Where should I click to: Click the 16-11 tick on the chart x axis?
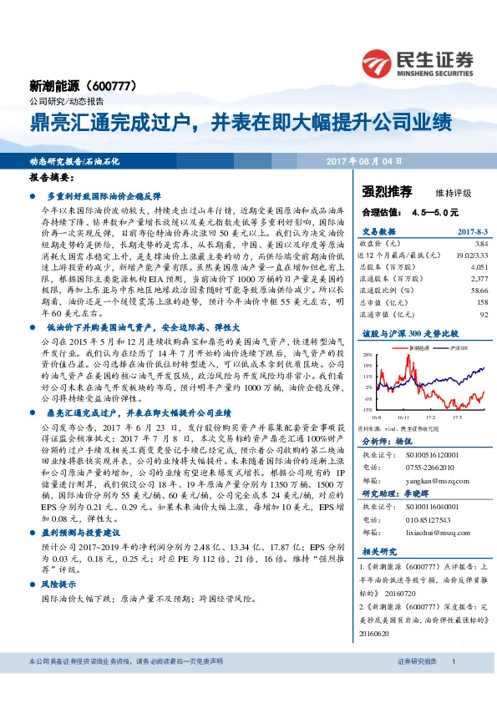pyautogui.click(x=405, y=415)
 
